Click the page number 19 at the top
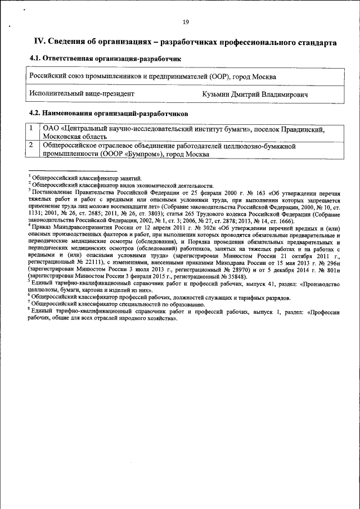[x=186, y=22]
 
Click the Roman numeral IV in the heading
[x=39, y=42]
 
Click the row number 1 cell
[x=33, y=129]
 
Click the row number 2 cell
[x=33, y=146]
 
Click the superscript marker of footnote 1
[x=29, y=177]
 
